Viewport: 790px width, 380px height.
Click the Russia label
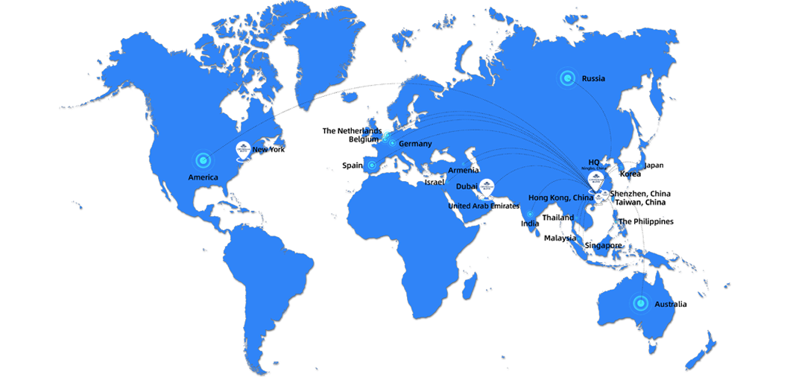(593, 78)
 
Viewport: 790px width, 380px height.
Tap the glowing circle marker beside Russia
(568, 77)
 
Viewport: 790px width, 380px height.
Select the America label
(203, 177)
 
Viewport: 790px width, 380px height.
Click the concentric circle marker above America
(203, 159)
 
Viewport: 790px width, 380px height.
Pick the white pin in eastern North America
(242, 149)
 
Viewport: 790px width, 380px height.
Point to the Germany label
(415, 143)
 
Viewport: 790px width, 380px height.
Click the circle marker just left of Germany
(393, 143)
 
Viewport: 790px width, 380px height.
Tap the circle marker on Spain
(372, 165)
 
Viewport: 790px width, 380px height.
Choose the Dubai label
(467, 186)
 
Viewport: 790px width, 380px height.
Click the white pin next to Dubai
(487, 186)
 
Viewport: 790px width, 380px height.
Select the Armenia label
(462, 171)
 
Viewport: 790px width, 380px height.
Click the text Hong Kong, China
(560, 197)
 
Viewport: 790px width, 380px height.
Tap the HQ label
(594, 162)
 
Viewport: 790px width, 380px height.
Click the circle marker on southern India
(530, 215)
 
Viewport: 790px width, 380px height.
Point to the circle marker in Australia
(639, 303)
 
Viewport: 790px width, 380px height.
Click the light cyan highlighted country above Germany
(386, 129)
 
